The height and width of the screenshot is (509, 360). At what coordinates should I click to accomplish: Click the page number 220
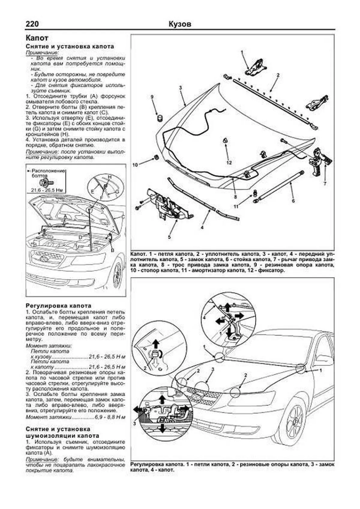click(32, 24)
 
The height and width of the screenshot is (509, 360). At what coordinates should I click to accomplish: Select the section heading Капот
click(37, 38)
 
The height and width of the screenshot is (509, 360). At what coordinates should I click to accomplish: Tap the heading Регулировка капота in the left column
click(58, 306)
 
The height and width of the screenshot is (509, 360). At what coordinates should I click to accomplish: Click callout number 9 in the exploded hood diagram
click(152, 97)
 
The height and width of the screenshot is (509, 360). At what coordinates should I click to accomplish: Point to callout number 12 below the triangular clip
click(229, 163)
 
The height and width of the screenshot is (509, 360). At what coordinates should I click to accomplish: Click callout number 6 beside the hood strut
click(293, 201)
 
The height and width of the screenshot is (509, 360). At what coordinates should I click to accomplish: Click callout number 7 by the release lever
click(325, 184)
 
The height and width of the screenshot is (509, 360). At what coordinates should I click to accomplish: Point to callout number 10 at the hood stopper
click(135, 165)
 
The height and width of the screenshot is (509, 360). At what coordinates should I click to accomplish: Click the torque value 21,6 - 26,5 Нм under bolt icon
click(48, 190)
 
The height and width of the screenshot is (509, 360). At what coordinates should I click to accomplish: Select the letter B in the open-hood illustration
click(112, 250)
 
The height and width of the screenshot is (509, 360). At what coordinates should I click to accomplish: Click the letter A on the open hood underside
click(65, 216)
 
